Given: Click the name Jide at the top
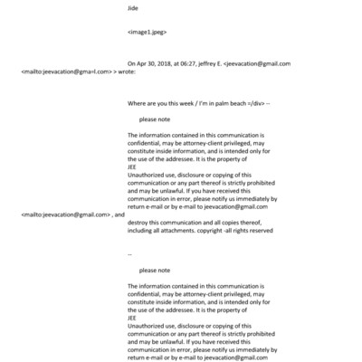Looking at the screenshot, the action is [134, 8].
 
